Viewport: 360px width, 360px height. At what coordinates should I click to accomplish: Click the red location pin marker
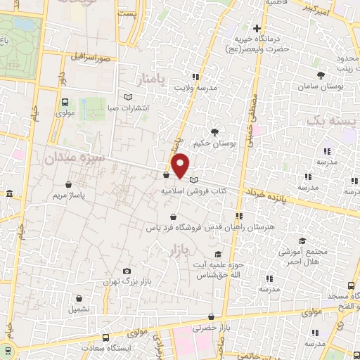181,165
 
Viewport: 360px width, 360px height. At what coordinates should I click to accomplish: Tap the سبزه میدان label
75,159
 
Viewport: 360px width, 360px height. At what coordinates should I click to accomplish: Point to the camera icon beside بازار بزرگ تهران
127,271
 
